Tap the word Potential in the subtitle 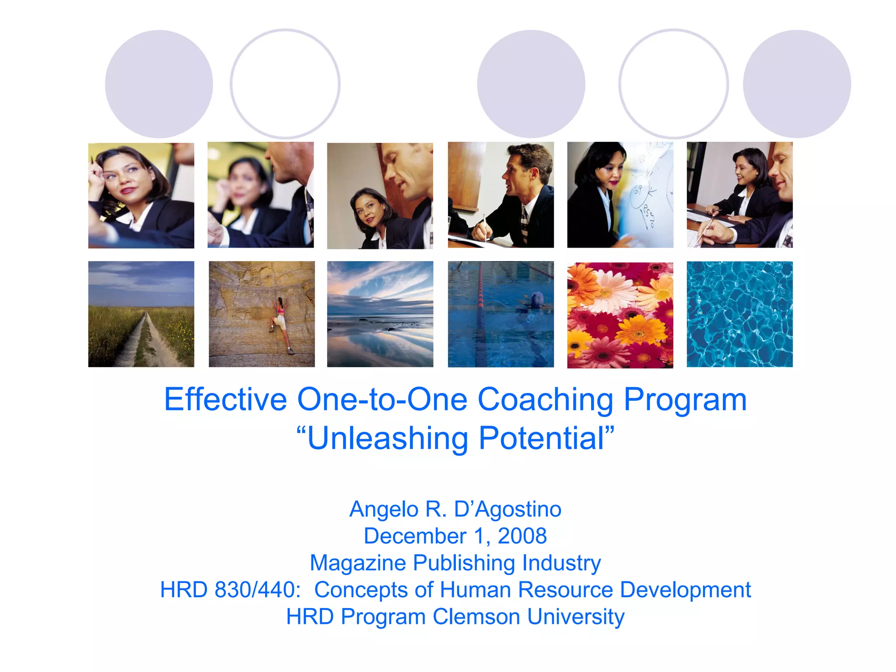(541, 438)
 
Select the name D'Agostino (507, 509)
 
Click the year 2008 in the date (522, 536)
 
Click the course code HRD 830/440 (230, 590)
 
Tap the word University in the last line (576, 617)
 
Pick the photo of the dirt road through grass (141, 314)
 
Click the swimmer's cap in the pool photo (537, 299)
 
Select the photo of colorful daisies (620, 315)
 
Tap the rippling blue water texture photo (739, 314)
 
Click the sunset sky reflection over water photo (380, 314)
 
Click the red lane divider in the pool (481, 306)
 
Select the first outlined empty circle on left (285, 84)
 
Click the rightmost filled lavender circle (797, 84)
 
